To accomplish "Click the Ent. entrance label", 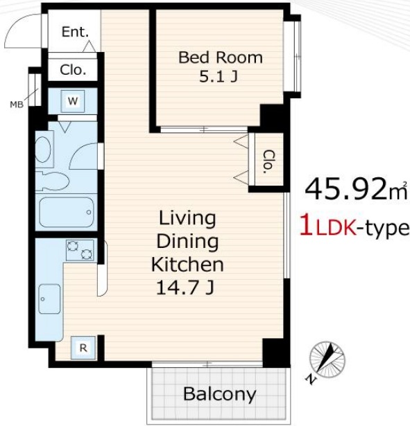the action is click(x=75, y=32).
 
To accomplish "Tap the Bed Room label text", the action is click(x=221, y=57).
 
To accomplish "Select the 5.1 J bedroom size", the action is click(x=219, y=77).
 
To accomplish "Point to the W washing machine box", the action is click(x=73, y=101).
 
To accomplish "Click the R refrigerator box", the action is click(x=83, y=348).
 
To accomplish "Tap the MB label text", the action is click(x=17, y=105).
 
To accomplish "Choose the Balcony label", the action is click(x=220, y=394).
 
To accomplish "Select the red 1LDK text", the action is click(x=328, y=229).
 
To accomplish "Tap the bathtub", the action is click(x=67, y=212).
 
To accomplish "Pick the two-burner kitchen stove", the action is click(x=80, y=250).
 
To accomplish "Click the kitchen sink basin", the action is click(x=49, y=299).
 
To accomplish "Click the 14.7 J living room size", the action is click(x=185, y=287).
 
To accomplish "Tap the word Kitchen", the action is click(x=187, y=265).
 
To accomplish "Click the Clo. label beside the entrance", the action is click(x=73, y=70).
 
